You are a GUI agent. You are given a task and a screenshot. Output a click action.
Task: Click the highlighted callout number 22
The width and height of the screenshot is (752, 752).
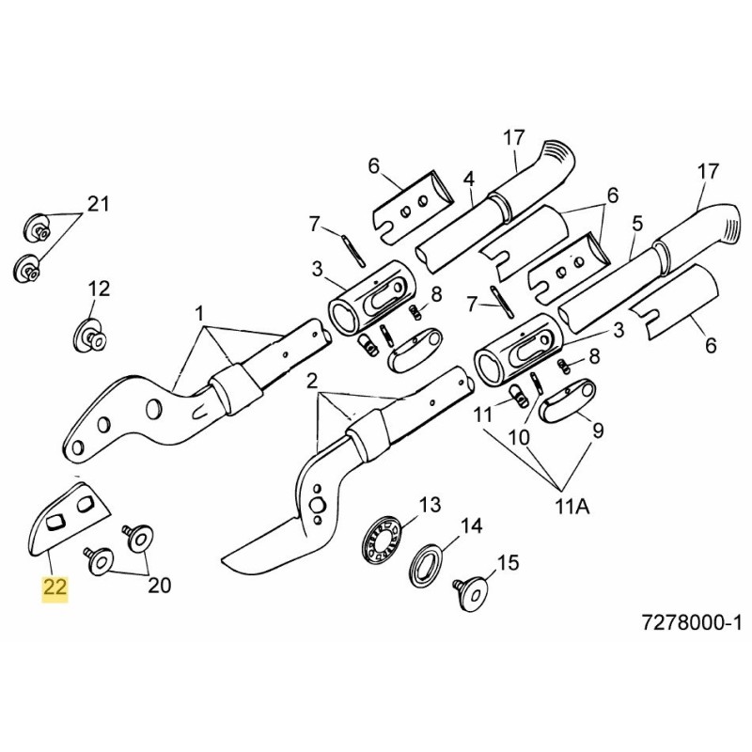55,589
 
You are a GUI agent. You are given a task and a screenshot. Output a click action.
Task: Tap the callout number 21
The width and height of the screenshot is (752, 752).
100,205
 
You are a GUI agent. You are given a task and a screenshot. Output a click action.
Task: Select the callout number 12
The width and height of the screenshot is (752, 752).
100,288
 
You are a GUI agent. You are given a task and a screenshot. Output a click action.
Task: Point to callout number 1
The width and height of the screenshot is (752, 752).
200,311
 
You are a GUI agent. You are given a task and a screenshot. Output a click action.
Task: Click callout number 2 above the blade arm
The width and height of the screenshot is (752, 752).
311,380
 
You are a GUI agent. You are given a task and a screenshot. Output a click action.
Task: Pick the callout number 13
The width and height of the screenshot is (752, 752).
429,506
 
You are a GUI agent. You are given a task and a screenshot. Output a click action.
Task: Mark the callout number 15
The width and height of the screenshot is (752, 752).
508,563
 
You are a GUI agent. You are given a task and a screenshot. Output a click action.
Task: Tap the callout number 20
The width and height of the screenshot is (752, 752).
160,585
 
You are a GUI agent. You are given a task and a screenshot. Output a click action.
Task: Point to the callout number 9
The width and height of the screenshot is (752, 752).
595,431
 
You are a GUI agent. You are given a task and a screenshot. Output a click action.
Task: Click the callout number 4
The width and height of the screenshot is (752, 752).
469,179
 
